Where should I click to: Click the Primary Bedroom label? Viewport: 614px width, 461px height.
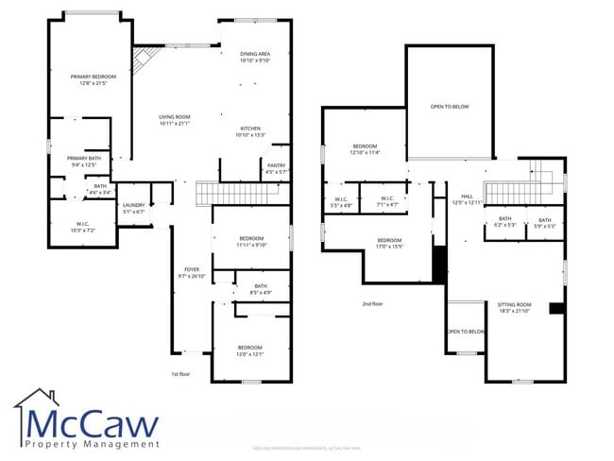click(x=93, y=79)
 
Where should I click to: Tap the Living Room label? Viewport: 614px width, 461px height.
click(x=175, y=120)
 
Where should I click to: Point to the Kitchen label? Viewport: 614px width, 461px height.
click(x=249, y=131)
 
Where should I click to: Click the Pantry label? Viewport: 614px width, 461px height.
click(x=276, y=169)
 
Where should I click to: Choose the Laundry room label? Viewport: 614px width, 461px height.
click(x=133, y=208)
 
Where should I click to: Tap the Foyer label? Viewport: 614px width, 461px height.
click(x=191, y=273)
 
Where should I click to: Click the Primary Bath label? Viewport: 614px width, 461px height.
click(x=83, y=162)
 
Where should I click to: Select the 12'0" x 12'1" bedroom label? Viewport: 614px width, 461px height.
click(x=249, y=350)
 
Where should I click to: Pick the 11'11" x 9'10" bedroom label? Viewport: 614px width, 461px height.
click(x=251, y=241)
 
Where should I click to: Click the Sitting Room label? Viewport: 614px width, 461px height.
click(x=515, y=308)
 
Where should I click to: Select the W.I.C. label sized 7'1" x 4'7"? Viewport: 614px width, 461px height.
click(x=387, y=201)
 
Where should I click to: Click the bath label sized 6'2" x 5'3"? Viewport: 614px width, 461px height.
click(x=505, y=223)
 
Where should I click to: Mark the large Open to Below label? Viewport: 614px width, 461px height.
click(x=449, y=107)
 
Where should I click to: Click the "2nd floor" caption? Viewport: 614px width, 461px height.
click(x=372, y=304)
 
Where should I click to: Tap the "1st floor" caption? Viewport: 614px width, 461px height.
click(x=180, y=374)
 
